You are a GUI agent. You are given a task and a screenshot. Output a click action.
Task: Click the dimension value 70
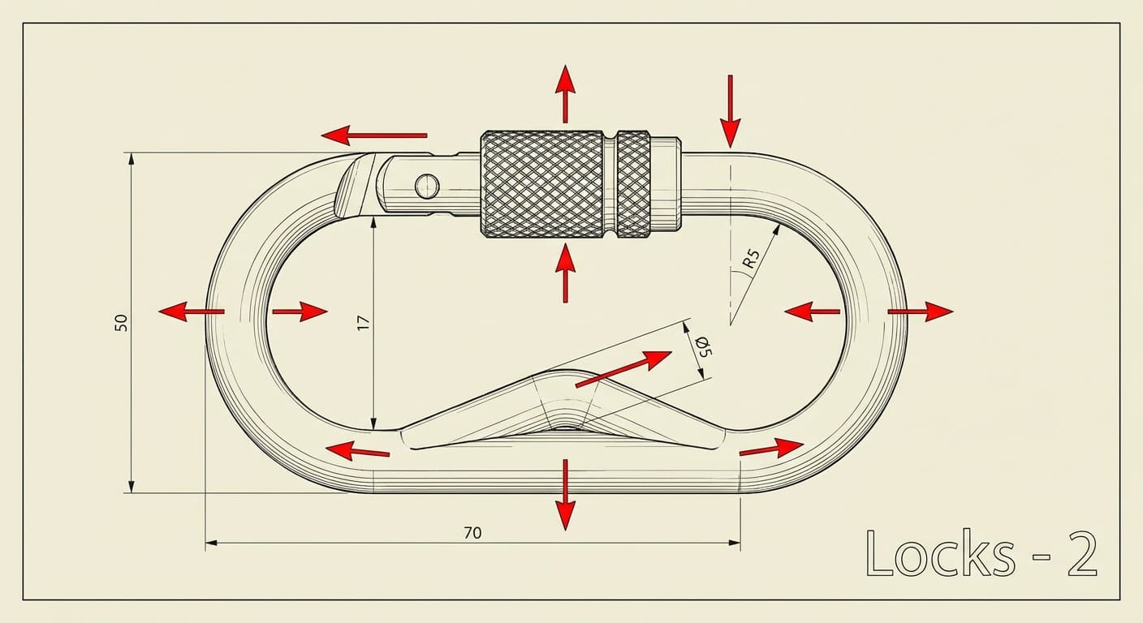[472, 533]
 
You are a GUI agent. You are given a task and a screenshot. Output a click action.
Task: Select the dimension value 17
[364, 321]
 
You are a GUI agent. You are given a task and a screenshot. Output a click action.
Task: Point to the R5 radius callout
[751, 259]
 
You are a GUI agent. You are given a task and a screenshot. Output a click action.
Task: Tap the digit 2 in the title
[1081, 555]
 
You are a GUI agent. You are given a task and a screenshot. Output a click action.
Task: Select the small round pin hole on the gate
[427, 187]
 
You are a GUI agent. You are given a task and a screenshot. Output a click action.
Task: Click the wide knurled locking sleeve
[541, 184]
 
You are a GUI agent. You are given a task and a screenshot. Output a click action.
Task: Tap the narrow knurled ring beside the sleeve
[633, 184]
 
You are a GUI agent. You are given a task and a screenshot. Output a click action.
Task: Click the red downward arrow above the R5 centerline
[731, 110]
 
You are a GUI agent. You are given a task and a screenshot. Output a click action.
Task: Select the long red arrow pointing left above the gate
[374, 135]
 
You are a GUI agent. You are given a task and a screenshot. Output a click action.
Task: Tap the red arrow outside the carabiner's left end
[192, 311]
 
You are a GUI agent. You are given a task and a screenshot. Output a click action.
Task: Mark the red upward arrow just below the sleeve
[565, 272]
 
